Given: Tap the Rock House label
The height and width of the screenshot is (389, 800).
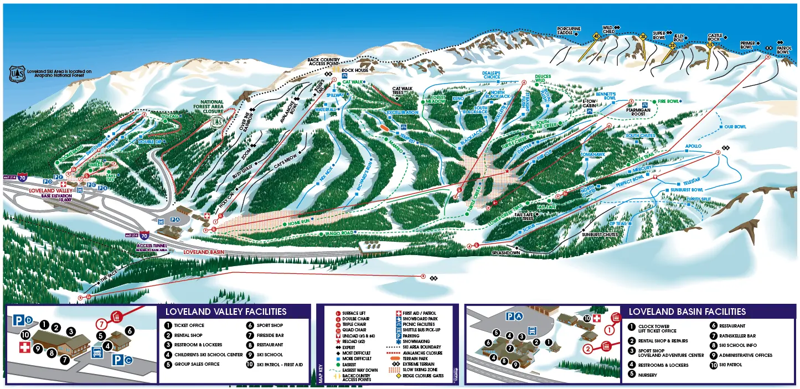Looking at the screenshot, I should [x=354, y=70].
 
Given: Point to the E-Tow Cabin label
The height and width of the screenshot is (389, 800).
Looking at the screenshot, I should [x=591, y=103].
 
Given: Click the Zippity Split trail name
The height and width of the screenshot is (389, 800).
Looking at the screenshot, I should [x=698, y=199].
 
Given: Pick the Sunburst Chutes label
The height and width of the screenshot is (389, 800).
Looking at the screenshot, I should [x=599, y=235].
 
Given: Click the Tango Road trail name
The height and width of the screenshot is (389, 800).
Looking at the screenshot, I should [x=339, y=234].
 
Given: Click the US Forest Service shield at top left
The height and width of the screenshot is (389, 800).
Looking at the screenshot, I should [x=17, y=74].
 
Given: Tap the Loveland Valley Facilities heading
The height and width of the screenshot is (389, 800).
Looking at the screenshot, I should [x=225, y=312].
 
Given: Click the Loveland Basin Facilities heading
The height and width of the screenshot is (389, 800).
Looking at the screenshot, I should [x=687, y=312].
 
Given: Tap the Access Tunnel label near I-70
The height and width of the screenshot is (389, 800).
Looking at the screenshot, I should [x=152, y=246].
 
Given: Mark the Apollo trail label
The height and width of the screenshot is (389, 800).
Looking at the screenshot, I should [x=693, y=146].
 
